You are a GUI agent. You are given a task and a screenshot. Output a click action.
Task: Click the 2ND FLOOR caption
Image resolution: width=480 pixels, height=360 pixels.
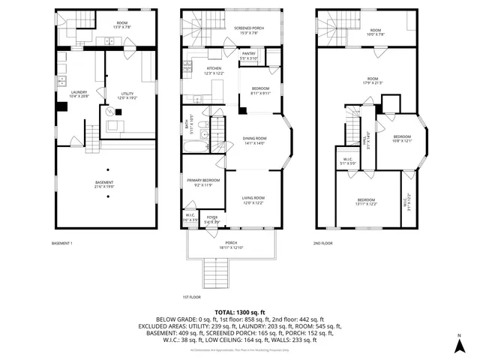tap(322, 244)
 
